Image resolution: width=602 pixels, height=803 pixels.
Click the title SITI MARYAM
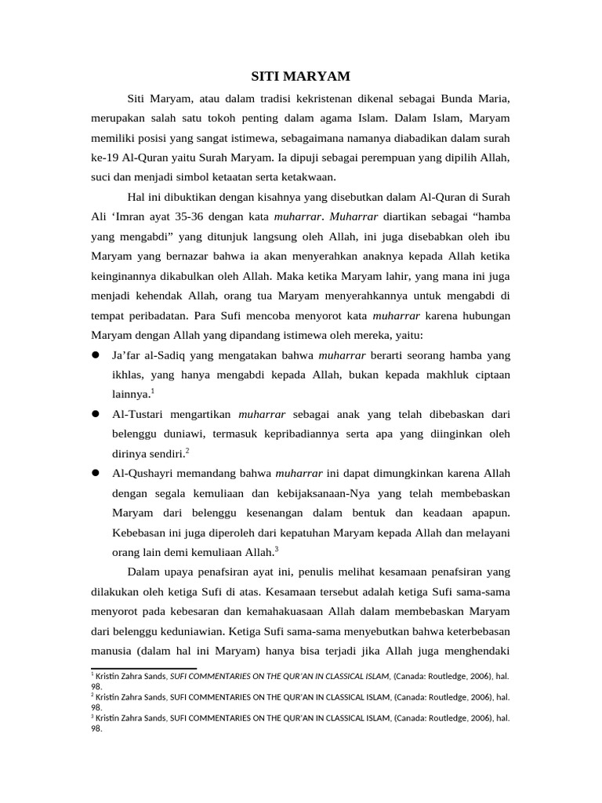coord(300,76)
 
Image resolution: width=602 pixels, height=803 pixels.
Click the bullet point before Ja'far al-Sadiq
coord(96,355)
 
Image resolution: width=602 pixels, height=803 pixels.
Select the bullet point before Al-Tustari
coord(96,414)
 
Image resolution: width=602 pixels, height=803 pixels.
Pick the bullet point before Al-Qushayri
coord(96,474)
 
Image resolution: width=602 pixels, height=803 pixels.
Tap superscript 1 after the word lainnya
coord(152,391)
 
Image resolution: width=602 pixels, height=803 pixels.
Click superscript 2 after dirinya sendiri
coord(187,450)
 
